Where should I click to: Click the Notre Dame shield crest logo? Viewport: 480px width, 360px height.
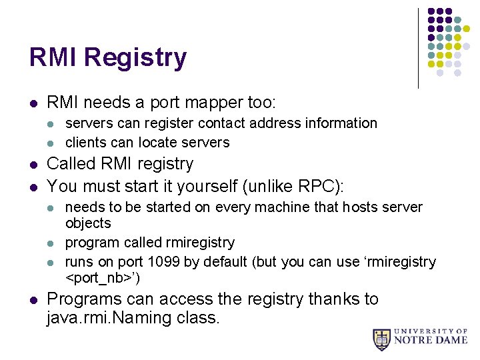(x=381, y=339)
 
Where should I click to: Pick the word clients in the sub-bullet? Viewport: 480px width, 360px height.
(x=86, y=142)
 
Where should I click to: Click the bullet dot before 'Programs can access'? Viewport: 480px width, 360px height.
(x=33, y=300)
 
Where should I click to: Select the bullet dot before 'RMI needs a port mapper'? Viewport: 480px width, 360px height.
(x=33, y=103)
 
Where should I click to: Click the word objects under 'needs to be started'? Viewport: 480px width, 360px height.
(x=88, y=223)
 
